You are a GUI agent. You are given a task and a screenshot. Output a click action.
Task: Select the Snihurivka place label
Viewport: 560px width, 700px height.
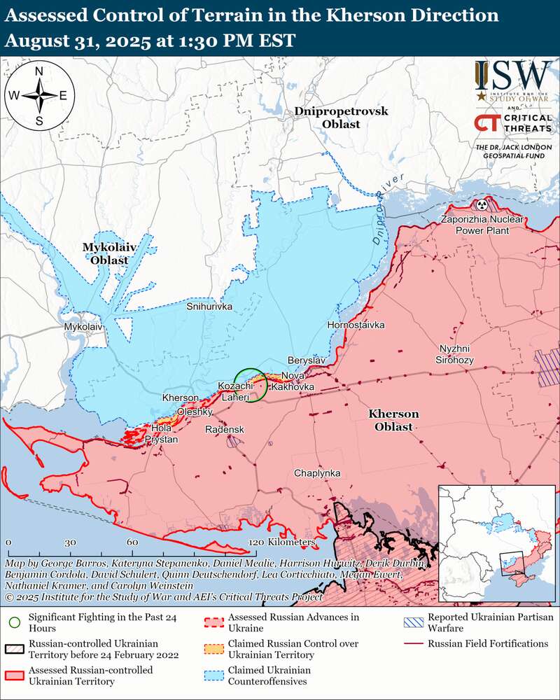[209, 307]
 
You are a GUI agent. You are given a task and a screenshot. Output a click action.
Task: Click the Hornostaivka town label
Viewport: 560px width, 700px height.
[356, 325]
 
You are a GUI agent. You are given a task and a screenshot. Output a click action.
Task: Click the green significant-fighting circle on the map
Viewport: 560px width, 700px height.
[250, 385]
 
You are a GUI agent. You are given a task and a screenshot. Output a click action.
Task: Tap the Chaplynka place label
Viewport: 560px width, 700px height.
[317, 473]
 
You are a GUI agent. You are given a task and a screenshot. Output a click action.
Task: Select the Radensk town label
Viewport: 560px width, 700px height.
[224, 428]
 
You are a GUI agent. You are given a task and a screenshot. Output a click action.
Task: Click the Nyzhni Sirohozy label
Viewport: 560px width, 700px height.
[456, 354]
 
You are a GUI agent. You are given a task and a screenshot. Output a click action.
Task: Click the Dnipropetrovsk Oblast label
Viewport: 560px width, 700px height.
[341, 118]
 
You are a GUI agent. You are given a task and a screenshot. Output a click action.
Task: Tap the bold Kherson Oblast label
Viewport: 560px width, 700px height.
[393, 420]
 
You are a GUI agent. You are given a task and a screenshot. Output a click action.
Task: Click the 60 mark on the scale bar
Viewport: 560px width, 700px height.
[132, 542]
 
